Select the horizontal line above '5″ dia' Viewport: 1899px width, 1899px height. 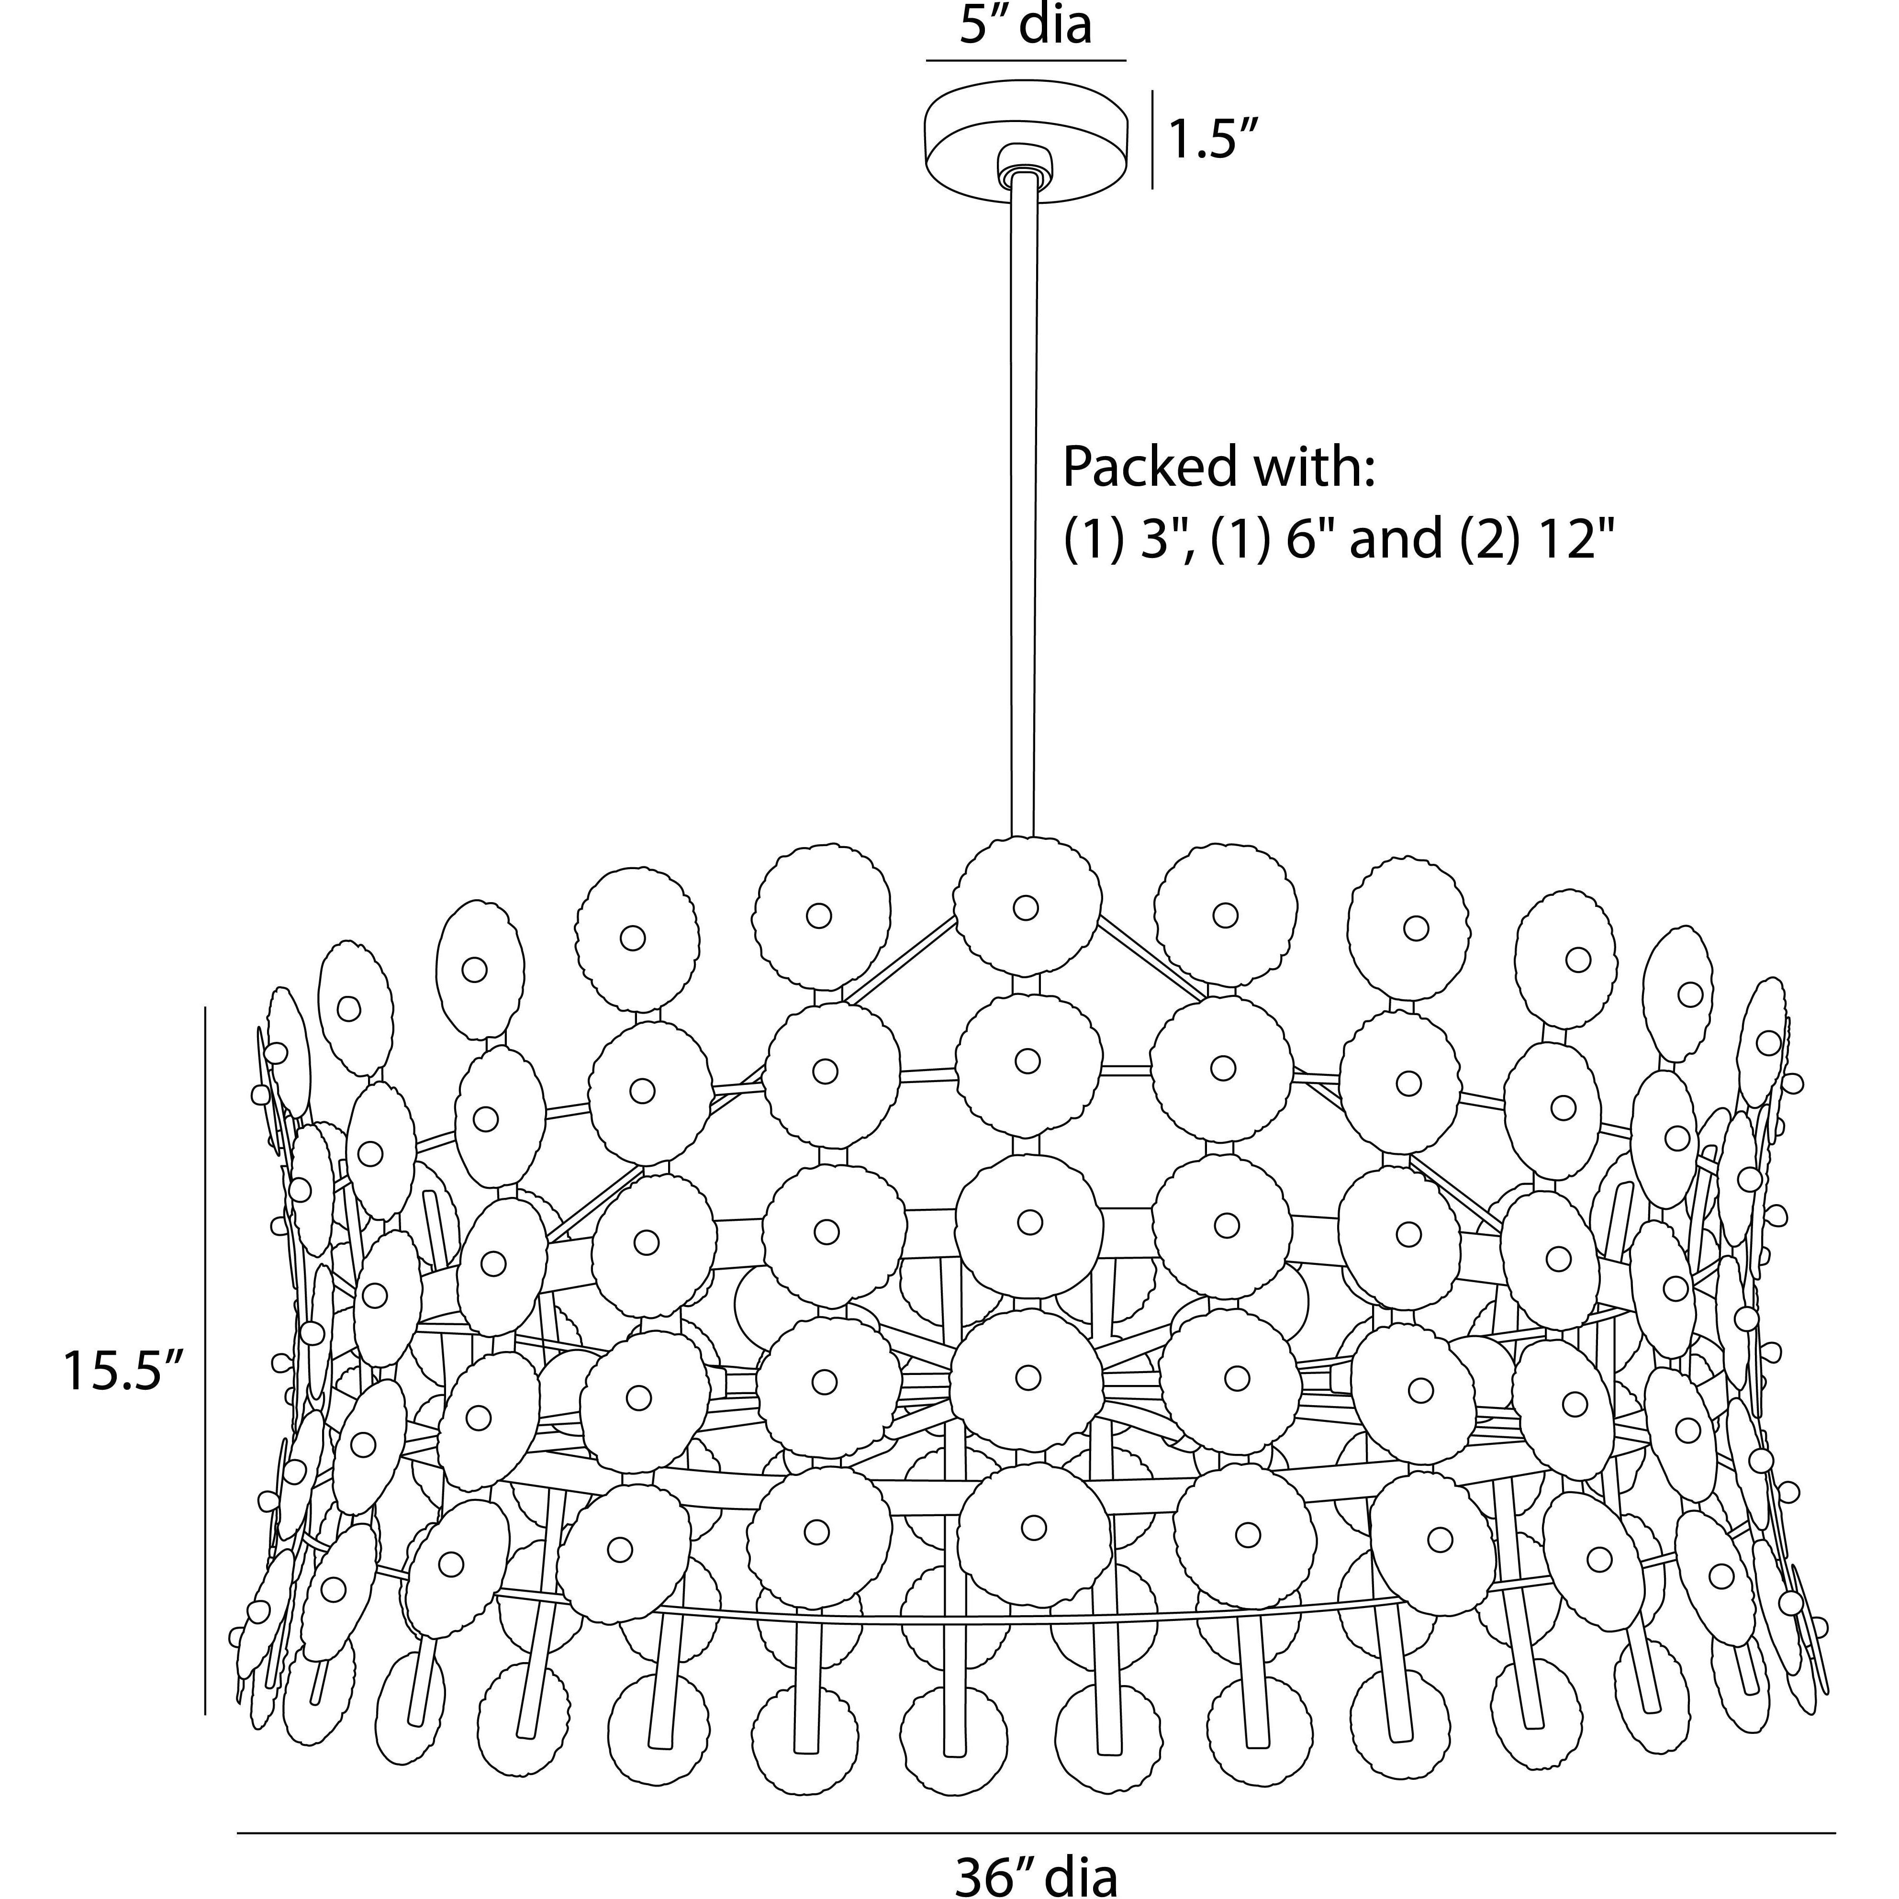tap(1025, 61)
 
